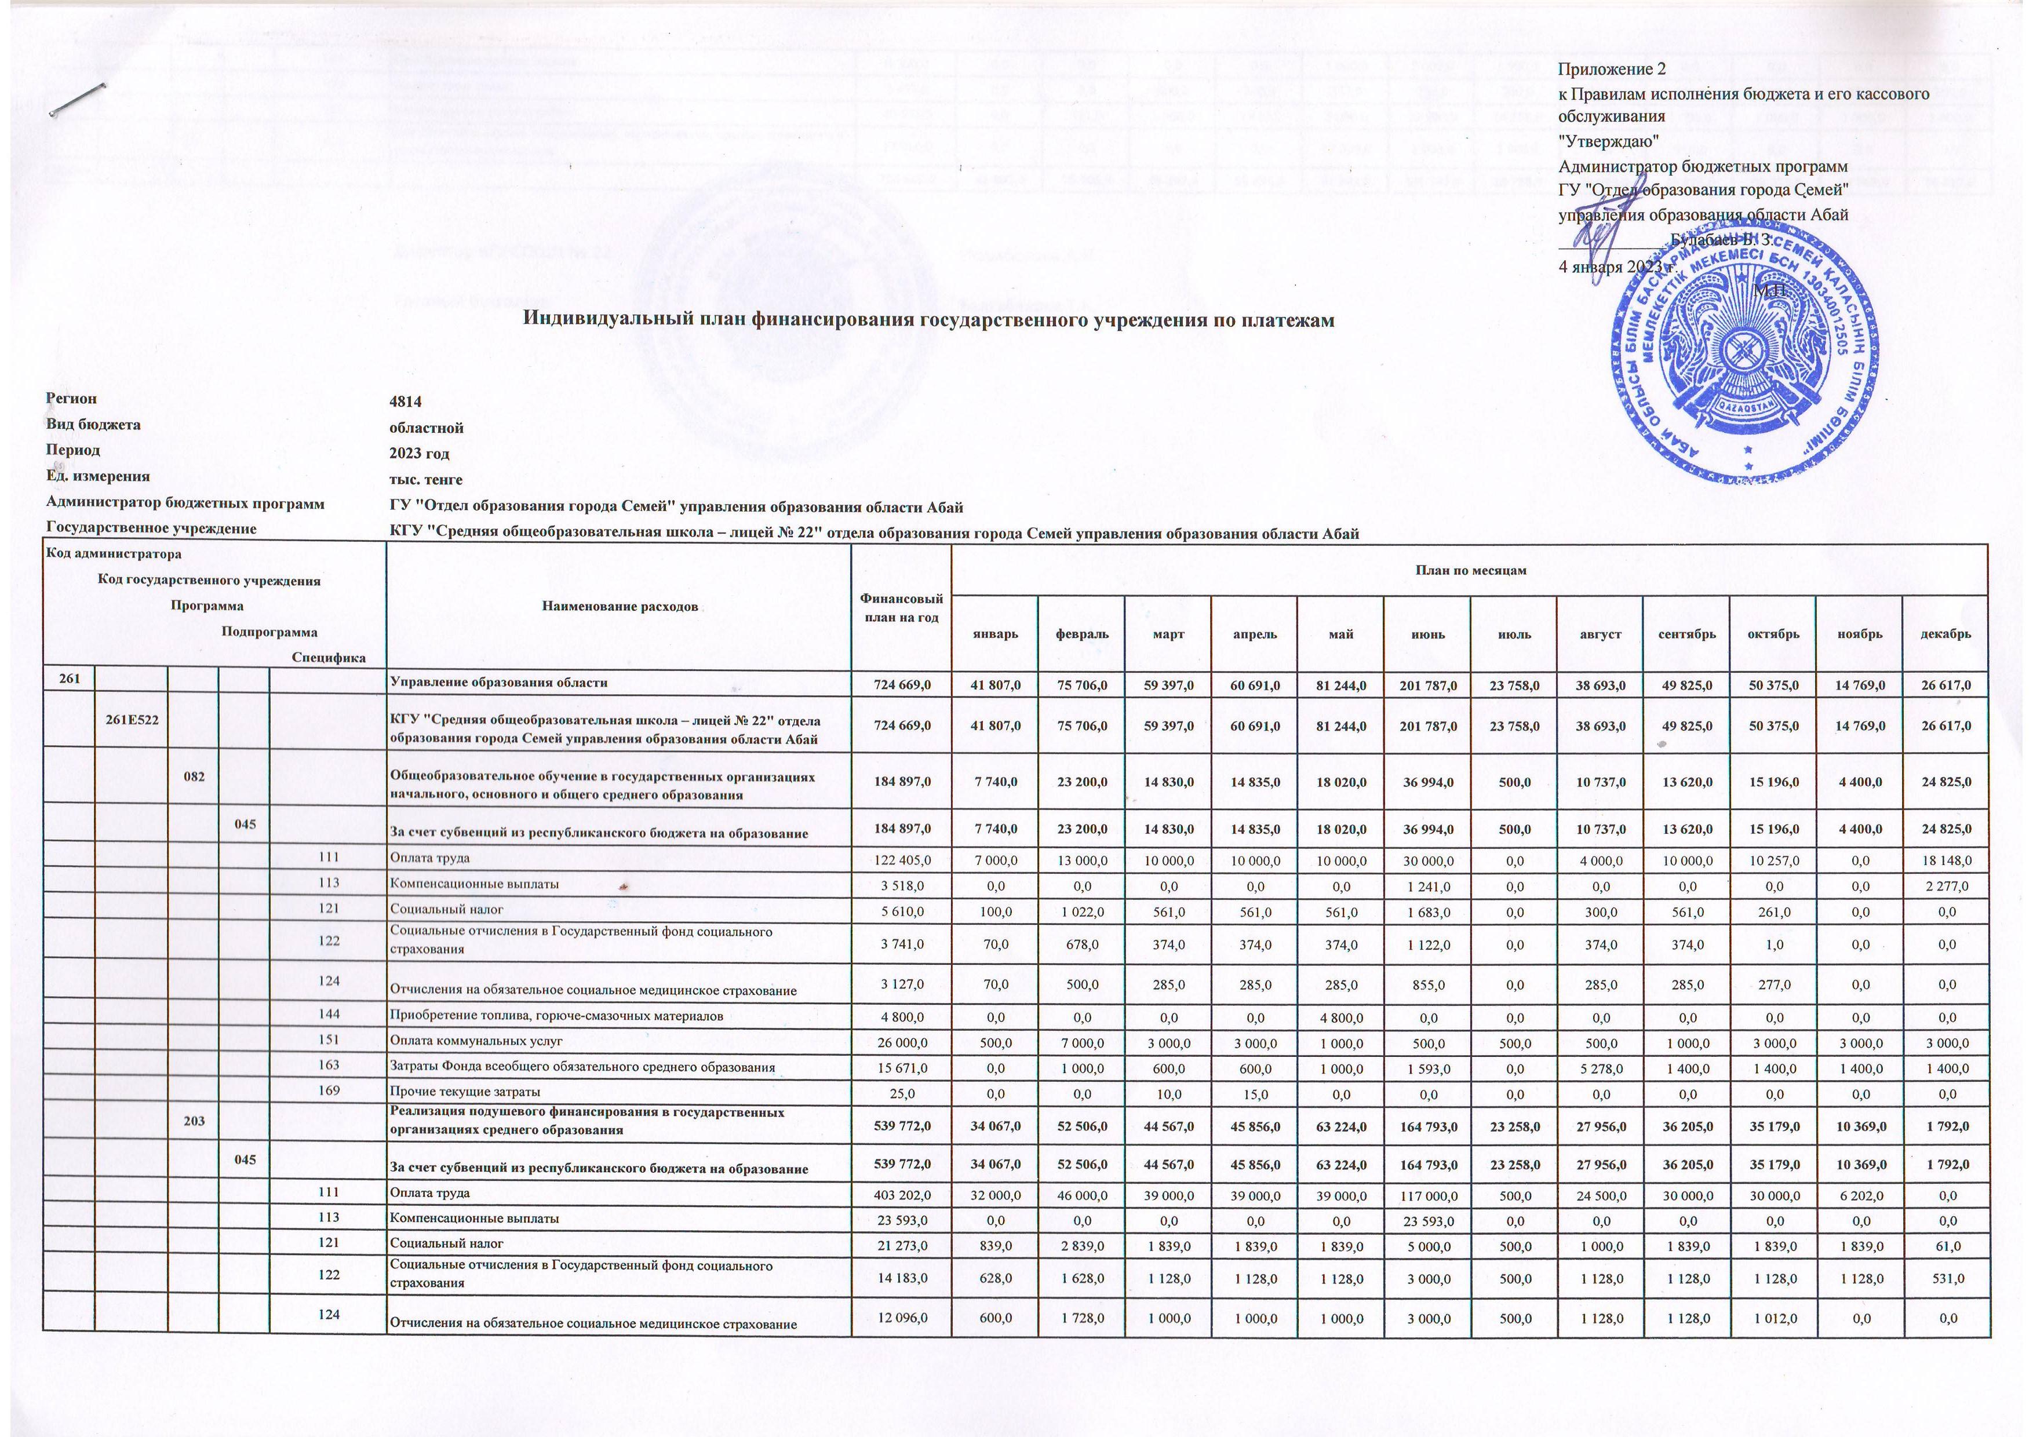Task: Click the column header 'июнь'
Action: tap(1427, 635)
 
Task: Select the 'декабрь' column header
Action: tap(1945, 635)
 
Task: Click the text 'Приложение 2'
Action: tap(1606, 69)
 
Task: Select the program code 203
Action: tap(194, 1121)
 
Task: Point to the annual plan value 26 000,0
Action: tap(901, 1041)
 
